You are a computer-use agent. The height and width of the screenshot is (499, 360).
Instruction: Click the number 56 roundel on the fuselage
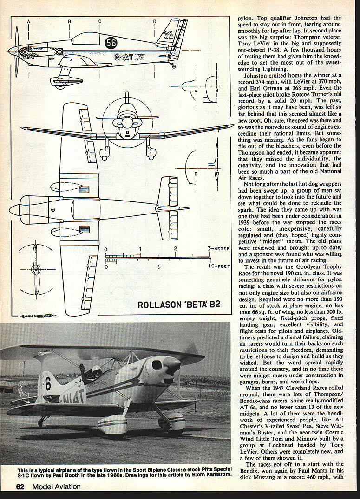[111, 43]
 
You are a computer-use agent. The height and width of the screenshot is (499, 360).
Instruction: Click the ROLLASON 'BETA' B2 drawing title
[179, 305]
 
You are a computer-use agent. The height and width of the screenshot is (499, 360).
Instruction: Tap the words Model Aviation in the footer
[56, 486]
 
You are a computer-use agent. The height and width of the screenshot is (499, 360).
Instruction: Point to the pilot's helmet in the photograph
[97, 370]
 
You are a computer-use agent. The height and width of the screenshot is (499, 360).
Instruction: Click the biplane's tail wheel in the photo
[42, 422]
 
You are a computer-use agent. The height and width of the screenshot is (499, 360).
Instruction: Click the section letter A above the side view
[29, 21]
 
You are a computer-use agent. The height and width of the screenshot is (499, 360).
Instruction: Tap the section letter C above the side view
[99, 21]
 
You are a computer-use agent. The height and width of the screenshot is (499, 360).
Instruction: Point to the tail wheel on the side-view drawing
[174, 66]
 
